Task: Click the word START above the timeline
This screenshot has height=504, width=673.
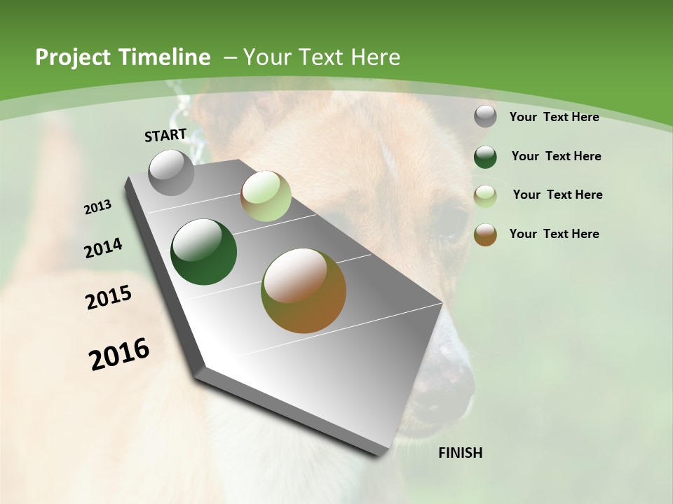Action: tap(165, 135)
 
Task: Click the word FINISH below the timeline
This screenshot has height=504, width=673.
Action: tap(461, 453)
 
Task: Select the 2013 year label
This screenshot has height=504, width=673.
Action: tap(97, 207)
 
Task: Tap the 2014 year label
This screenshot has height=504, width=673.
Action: tap(103, 248)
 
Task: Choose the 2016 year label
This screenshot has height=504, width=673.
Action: tap(119, 354)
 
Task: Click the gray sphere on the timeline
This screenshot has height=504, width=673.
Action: tap(172, 173)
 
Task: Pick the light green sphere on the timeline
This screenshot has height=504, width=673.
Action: tap(266, 197)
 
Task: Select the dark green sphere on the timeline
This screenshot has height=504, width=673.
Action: tap(204, 252)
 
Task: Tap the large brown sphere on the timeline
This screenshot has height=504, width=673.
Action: tap(304, 290)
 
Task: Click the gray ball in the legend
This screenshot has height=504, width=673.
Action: tap(485, 117)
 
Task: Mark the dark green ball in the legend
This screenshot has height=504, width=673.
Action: tap(485, 157)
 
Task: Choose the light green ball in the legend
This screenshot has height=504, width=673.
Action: tap(485, 196)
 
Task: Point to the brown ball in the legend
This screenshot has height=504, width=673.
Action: tap(485, 234)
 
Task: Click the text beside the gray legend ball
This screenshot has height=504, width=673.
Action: tap(554, 117)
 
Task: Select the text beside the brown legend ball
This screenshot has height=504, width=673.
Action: tap(554, 234)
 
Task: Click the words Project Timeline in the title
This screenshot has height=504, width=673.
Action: tap(123, 57)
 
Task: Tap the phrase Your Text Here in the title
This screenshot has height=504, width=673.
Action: tap(322, 57)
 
